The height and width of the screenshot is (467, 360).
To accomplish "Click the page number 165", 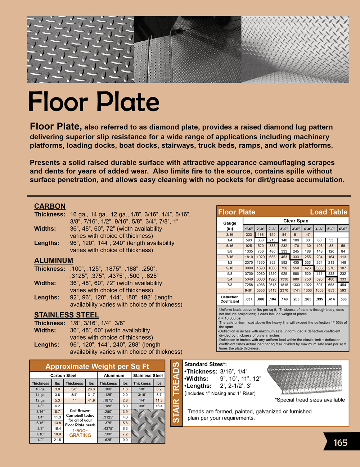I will coord(340,442).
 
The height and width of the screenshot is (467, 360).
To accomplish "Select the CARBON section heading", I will coord(50,206).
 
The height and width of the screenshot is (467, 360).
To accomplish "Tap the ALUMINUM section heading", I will coord(53,260).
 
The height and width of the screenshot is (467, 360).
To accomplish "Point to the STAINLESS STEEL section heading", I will coord(66,315).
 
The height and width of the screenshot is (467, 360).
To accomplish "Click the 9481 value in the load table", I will coord(249,290).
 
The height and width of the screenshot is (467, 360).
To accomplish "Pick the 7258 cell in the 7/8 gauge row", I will coord(249,285).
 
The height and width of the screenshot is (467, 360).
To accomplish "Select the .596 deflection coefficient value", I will coord(343,299).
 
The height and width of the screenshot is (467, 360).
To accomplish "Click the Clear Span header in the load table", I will coord(296,221).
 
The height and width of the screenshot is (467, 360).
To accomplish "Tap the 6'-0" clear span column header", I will coord(343,229).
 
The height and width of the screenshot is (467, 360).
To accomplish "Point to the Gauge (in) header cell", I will coord(230,226).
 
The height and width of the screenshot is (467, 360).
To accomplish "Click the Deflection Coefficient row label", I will coord(230,299).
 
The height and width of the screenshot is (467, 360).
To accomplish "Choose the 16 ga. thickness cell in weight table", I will coord(40,389).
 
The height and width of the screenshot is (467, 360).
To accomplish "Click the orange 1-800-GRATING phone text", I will coord(80,433).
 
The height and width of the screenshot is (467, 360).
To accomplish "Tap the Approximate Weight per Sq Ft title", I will coord(97,366).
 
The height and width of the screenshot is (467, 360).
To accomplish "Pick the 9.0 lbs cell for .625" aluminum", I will coord(125,440).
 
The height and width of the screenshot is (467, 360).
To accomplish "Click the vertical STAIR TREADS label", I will coord(176,393).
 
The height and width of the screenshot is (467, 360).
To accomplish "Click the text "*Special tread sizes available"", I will coord(310,400).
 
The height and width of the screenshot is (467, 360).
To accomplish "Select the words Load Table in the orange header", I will coord(328,212).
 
